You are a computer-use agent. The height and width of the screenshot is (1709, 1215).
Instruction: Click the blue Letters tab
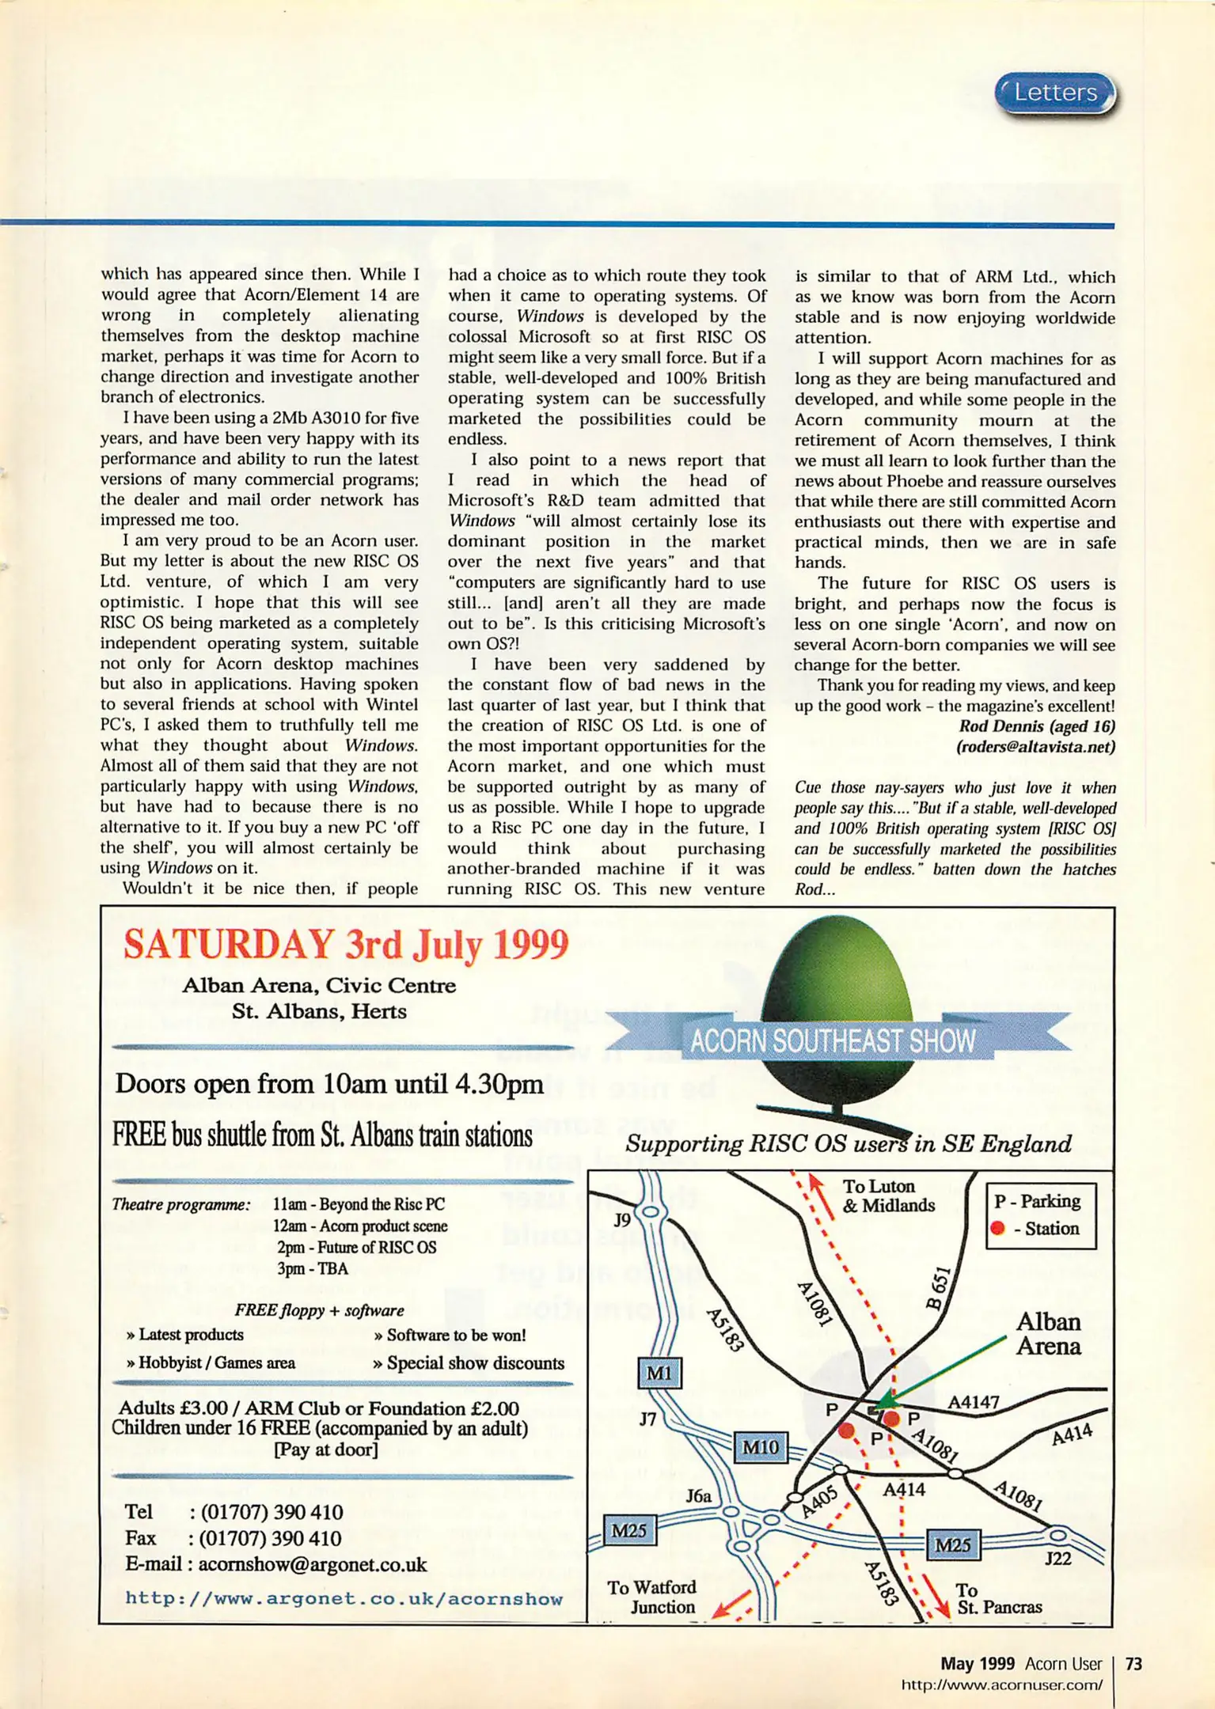pyautogui.click(x=1054, y=93)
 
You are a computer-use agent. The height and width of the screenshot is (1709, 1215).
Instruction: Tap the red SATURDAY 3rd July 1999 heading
pyautogui.click(x=346, y=945)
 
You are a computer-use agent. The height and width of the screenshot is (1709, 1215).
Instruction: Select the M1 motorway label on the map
pyautogui.click(x=659, y=1373)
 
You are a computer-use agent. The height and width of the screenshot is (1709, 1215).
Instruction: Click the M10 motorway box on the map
pyautogui.click(x=759, y=1447)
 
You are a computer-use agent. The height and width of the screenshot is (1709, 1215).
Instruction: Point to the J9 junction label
pyautogui.click(x=623, y=1220)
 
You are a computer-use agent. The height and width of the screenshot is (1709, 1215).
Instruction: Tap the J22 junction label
pyautogui.click(x=1057, y=1558)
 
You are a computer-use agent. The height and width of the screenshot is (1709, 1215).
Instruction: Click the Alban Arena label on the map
pyautogui.click(x=1048, y=1333)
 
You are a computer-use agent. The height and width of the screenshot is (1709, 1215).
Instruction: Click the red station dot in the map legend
pyautogui.click(x=997, y=1228)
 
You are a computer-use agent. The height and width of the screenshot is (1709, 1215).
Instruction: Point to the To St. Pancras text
pyautogui.click(x=999, y=1598)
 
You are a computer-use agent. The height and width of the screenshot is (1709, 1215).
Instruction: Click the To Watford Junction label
pyautogui.click(x=651, y=1597)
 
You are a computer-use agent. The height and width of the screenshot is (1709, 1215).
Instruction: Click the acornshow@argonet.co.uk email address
pyautogui.click(x=312, y=1564)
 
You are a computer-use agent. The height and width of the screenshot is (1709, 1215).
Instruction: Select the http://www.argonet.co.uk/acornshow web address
pyautogui.click(x=344, y=1598)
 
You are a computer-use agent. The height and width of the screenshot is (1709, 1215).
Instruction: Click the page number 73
pyautogui.click(x=1133, y=1663)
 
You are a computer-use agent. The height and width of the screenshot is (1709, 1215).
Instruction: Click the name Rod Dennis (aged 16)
pyautogui.click(x=1036, y=726)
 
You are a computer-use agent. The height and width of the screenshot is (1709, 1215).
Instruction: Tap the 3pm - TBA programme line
pyautogui.click(x=312, y=1268)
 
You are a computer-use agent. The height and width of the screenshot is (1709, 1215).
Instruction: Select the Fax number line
pyautogui.click(x=233, y=1538)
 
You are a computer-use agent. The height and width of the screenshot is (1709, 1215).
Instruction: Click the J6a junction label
pyautogui.click(x=698, y=1495)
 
